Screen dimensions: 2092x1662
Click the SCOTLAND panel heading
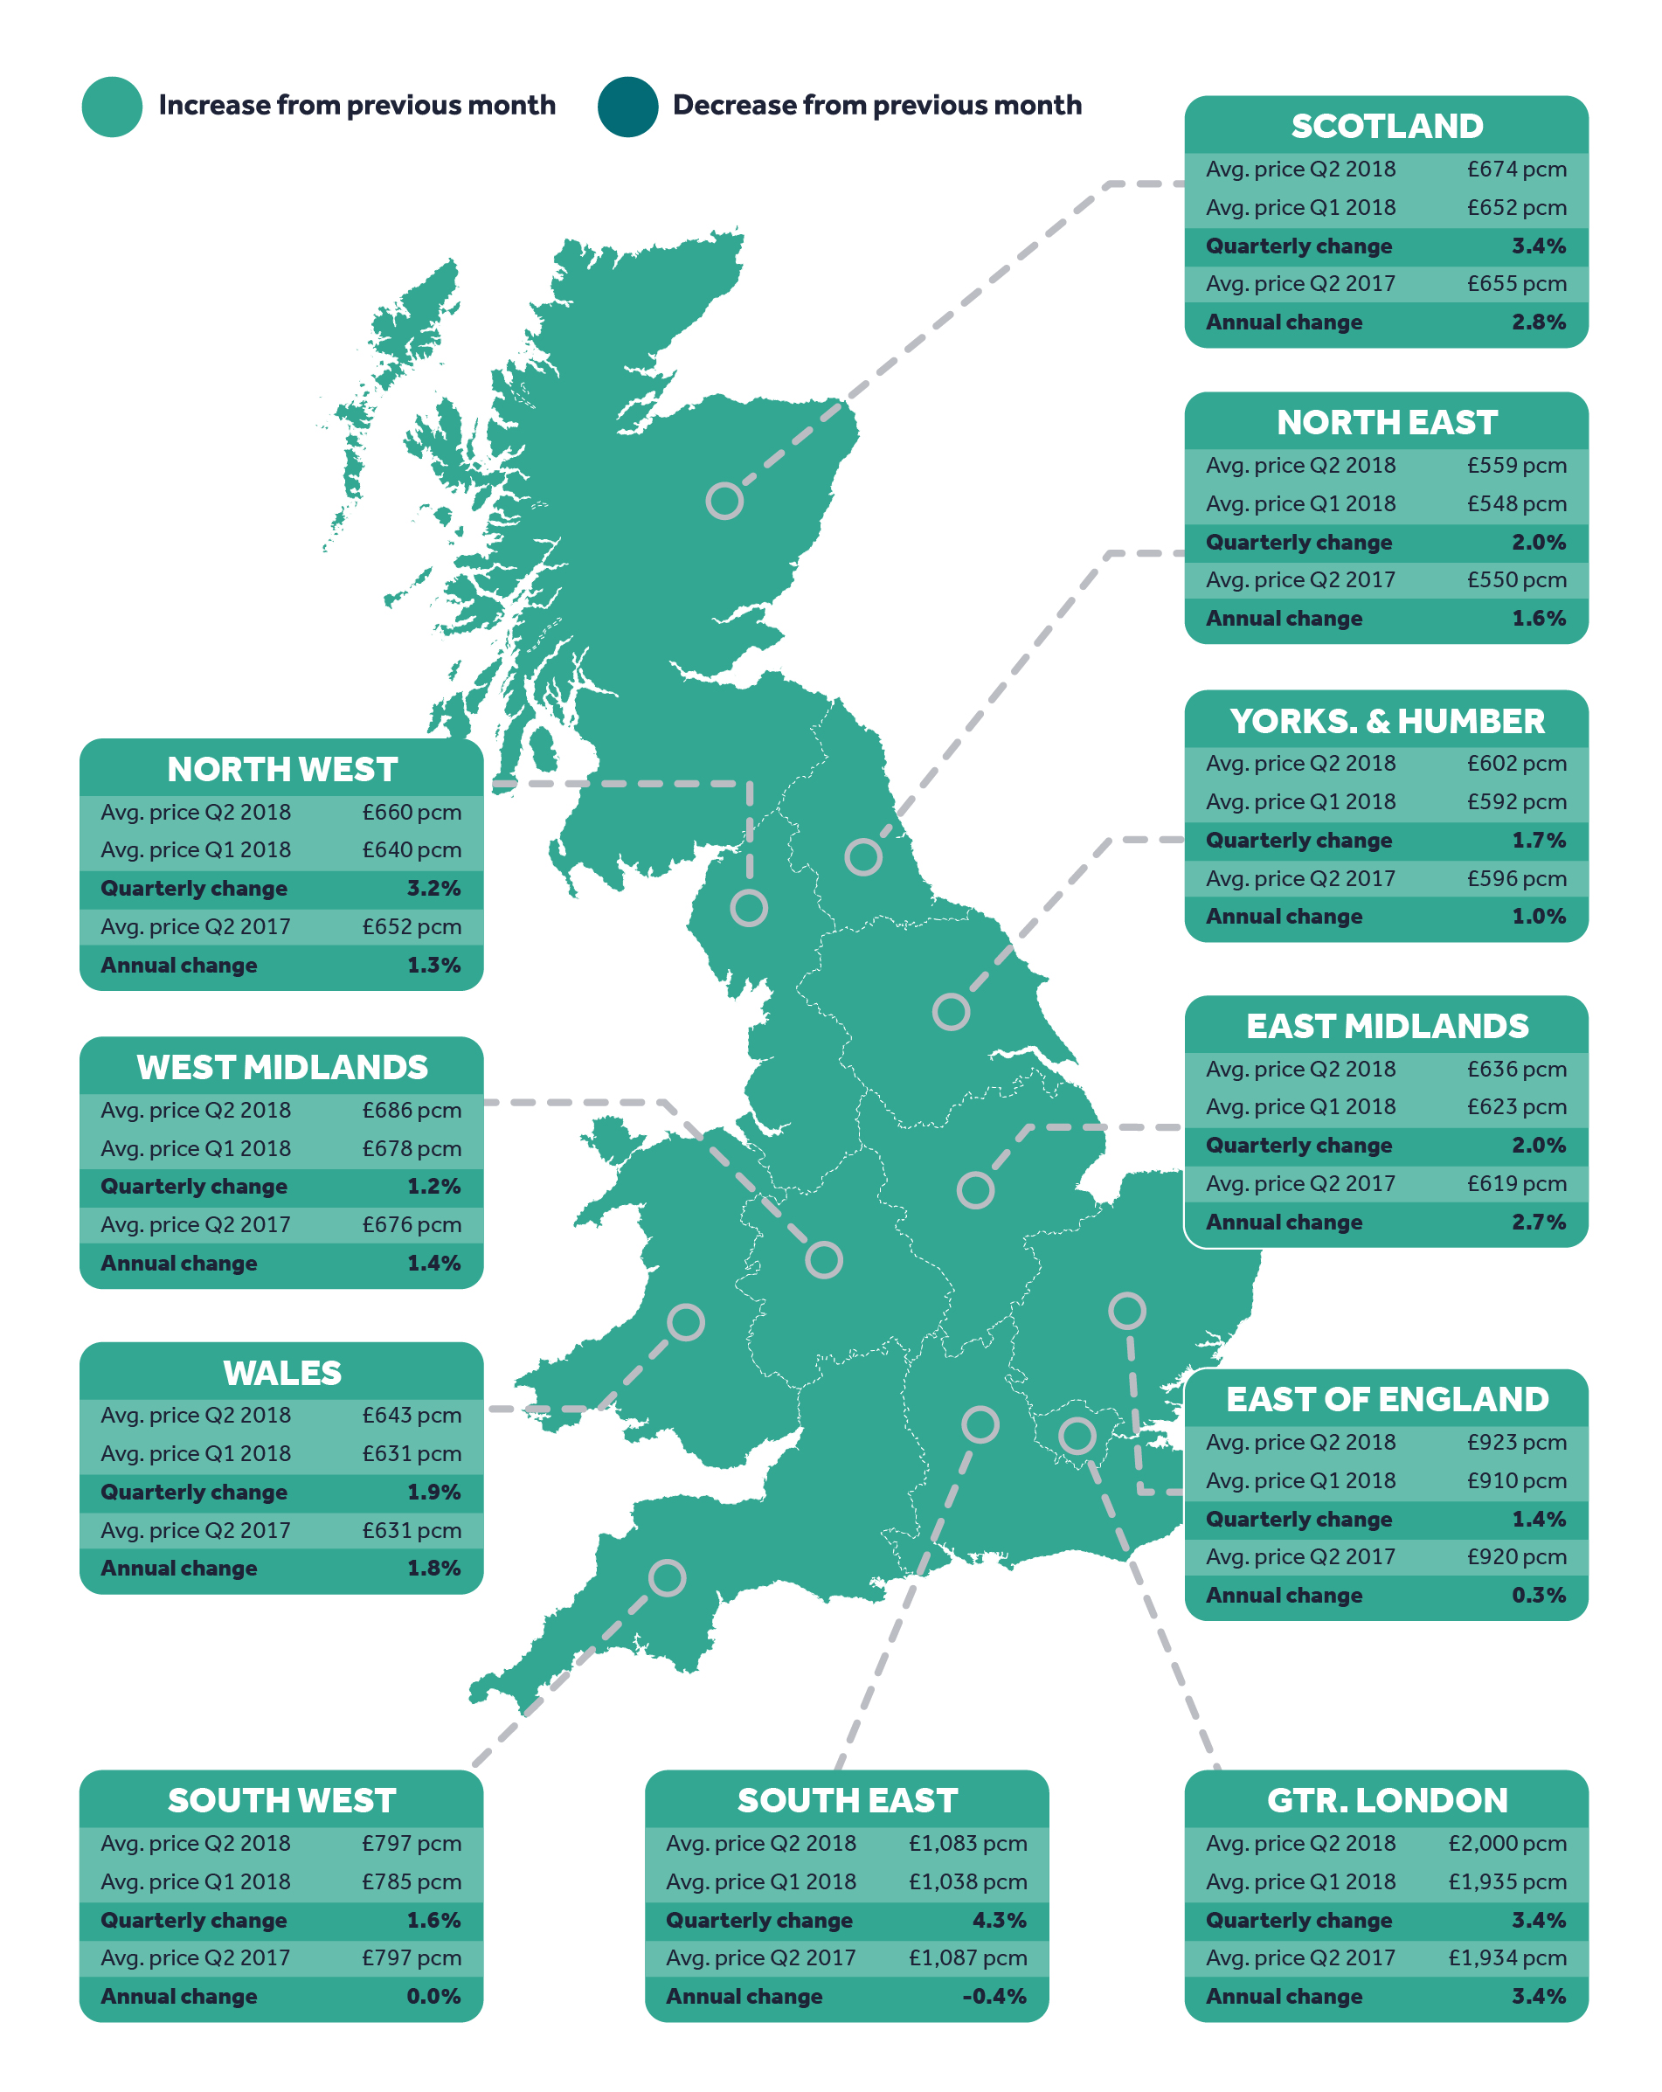[1386, 126]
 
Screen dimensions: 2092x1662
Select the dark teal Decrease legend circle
[627, 107]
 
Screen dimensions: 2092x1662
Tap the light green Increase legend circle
[113, 107]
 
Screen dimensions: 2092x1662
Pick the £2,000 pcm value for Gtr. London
[1506, 1843]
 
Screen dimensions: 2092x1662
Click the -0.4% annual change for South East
[994, 1996]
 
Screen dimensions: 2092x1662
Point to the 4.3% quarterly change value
[999, 1919]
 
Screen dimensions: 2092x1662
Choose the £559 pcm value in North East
[1515, 465]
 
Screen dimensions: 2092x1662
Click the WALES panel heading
[281, 1373]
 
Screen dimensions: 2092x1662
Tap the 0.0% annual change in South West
[433, 1996]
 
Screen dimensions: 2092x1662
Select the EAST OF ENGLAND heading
[1386, 1399]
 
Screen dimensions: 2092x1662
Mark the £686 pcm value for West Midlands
[412, 1109]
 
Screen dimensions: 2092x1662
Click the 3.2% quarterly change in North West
[433, 888]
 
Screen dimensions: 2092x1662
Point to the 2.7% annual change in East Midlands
[1538, 1222]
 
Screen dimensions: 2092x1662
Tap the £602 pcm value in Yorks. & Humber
[1515, 763]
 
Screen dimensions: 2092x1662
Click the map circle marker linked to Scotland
[724, 501]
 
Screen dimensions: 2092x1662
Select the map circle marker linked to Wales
[685, 1321]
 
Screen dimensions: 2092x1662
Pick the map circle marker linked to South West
[667, 1577]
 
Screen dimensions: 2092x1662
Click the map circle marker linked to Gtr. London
[1076, 1435]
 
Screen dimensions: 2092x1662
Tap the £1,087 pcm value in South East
[966, 1957]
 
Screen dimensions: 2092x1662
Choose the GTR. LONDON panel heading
[1386, 1800]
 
